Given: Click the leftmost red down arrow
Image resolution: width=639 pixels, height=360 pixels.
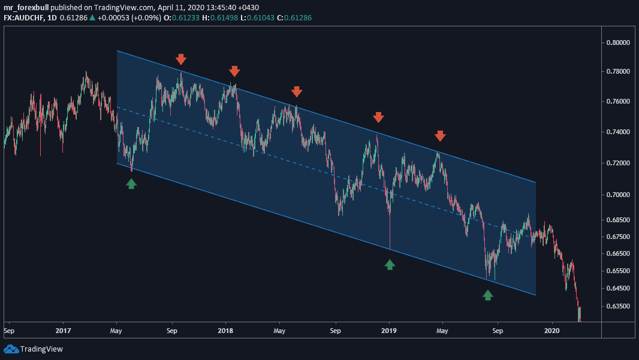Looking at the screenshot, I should [181, 59].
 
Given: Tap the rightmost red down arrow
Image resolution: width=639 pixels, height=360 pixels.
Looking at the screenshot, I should [440, 136].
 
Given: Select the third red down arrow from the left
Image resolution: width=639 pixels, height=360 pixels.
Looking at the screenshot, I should [297, 91].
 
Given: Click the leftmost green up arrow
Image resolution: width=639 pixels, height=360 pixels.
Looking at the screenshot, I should [131, 183].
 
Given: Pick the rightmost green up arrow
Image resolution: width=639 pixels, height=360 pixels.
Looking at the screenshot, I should [488, 294].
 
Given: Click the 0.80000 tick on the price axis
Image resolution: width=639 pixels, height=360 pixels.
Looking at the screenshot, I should [617, 43].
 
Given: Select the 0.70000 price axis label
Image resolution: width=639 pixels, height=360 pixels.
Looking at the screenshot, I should [617, 195].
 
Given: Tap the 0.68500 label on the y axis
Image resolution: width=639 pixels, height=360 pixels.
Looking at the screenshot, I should [617, 220].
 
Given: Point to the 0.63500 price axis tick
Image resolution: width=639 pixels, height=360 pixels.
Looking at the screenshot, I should [617, 306].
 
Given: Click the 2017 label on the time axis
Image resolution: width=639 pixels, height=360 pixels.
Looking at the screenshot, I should [63, 330].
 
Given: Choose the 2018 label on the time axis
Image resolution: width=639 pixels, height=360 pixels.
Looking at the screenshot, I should [225, 330].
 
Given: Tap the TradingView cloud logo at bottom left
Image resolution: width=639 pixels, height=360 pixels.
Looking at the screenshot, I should [11, 349].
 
